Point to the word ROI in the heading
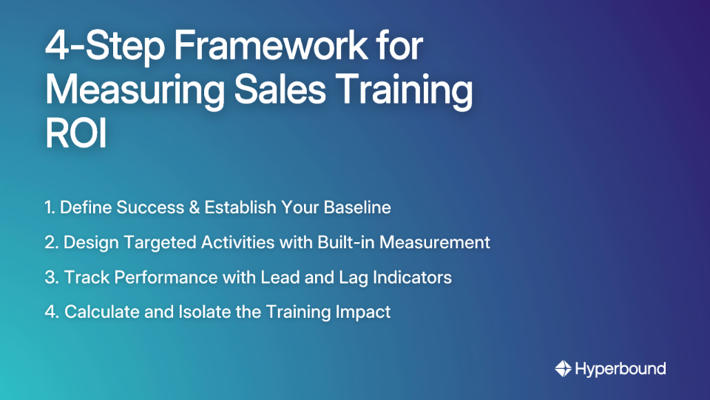[x=75, y=134]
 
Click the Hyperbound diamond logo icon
[x=563, y=368]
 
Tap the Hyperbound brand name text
[x=620, y=368]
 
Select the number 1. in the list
[x=50, y=207]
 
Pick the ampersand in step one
[x=195, y=207]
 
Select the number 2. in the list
[x=52, y=242]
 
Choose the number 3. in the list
[x=52, y=277]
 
